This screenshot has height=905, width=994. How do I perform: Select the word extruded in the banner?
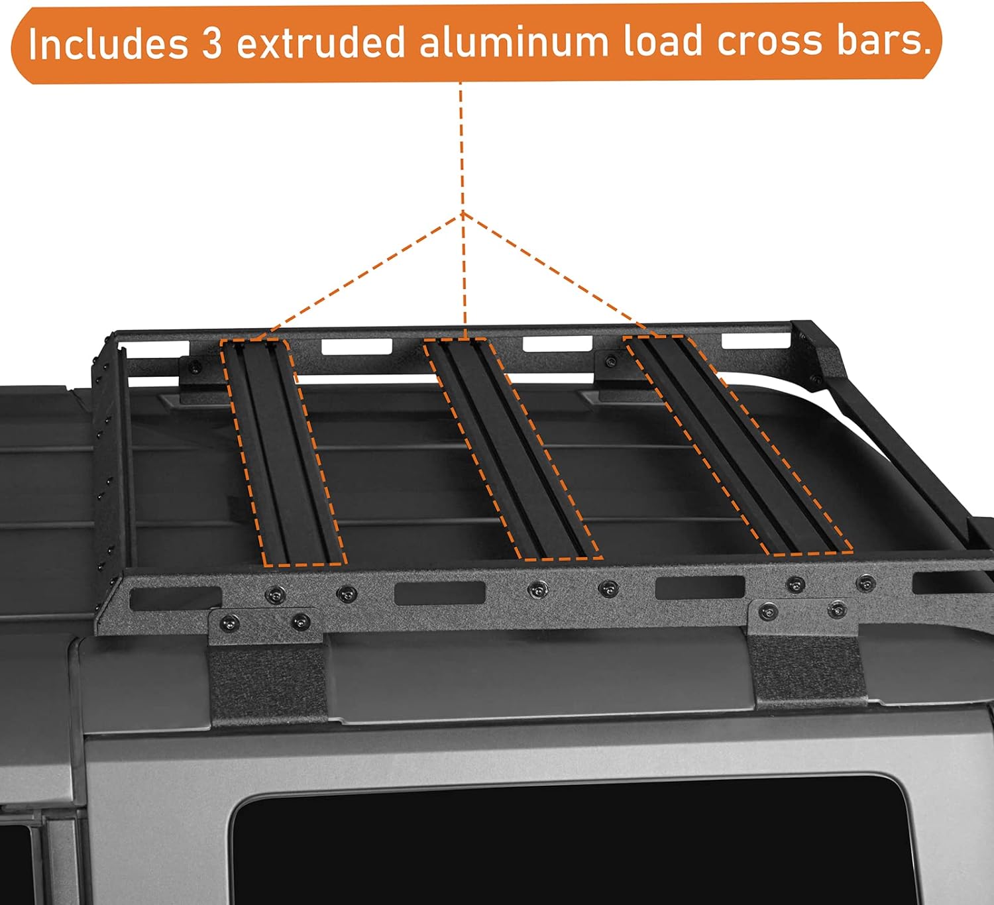point(321,43)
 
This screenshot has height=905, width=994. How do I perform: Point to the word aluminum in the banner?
point(514,42)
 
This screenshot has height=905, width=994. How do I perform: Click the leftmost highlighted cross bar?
point(282,451)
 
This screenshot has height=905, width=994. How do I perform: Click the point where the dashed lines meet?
point(463,214)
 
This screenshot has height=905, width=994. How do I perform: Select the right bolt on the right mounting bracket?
point(837,609)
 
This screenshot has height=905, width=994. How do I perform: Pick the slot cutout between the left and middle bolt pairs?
point(439,593)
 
